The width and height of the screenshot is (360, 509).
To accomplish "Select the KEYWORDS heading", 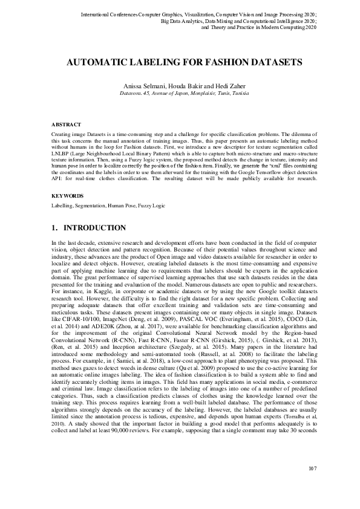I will pyautogui.click(x=67, y=196).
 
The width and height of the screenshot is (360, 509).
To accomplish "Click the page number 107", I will pyautogui.click(x=312, y=485).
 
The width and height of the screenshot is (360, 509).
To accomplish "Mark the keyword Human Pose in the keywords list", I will pyautogui.click(x=122, y=206).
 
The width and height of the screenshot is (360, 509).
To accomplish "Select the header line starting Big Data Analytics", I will pyautogui.click(x=238, y=21).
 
